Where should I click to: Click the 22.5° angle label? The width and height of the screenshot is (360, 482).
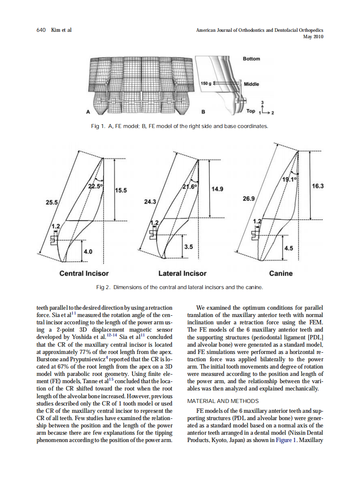95,186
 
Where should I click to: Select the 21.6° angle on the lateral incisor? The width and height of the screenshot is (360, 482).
190,187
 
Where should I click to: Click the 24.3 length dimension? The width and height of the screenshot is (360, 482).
150,201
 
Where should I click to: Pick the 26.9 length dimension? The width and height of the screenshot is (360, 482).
249,199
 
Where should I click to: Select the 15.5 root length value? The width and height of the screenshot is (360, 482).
122,190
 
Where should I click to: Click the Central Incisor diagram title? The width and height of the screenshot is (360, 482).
84,273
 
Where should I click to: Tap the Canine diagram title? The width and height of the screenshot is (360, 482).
281,273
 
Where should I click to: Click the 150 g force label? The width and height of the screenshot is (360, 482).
206,83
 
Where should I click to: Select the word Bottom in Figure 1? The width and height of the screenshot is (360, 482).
251,59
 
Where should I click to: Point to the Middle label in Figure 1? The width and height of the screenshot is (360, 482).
251,84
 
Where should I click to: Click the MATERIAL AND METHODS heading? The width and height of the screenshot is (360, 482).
223,401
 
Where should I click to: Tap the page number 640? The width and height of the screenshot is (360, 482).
41,30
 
